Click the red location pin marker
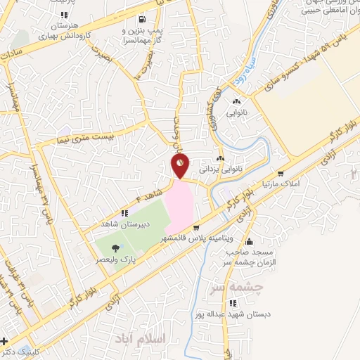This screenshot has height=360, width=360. pyautogui.click(x=181, y=167)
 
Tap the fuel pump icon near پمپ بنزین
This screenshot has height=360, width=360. pyautogui.click(x=143, y=19)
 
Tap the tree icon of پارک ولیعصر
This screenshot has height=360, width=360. pyautogui.click(x=115, y=247)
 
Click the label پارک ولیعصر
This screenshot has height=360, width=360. pyautogui.click(x=117, y=259)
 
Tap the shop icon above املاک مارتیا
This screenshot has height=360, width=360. pyautogui.click(x=281, y=173)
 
